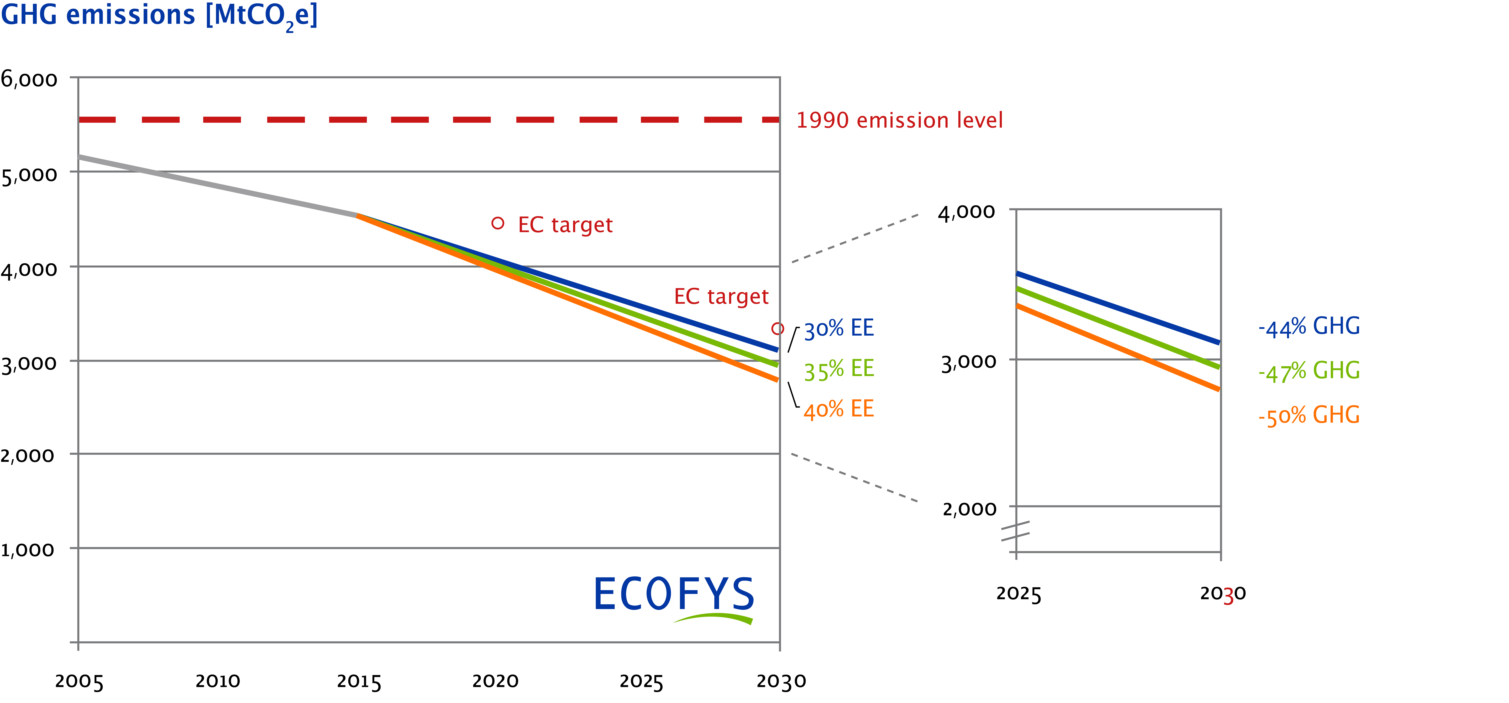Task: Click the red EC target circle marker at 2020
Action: coord(498,223)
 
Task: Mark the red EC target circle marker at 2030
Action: coord(778,329)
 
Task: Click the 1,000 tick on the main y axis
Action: coord(27,550)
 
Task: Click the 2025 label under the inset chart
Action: coord(1019,594)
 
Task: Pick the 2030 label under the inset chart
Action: coord(1223,594)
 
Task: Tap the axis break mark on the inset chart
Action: coord(1015,531)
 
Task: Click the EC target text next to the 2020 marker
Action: coord(565,225)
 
